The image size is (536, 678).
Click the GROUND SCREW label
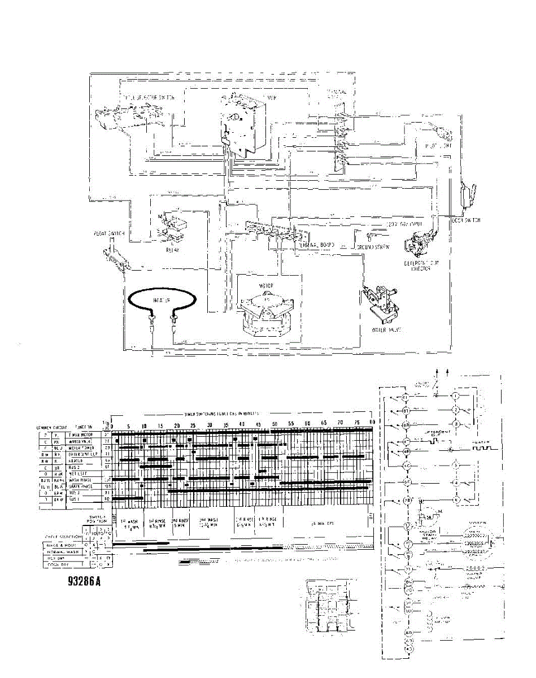tap(372, 247)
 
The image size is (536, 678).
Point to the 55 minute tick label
tap(291, 423)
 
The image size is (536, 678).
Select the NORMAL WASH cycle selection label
tap(63, 551)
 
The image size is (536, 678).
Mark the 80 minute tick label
tap(372, 423)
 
